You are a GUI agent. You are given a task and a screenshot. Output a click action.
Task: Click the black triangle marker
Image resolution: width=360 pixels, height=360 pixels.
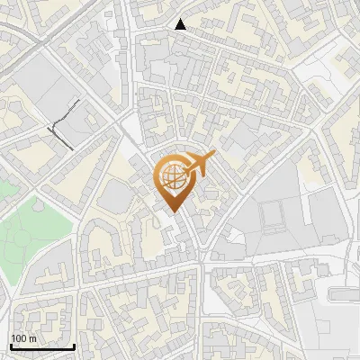[x=181, y=25]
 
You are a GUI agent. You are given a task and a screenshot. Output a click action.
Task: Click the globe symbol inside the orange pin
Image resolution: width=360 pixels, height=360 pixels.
[x=171, y=180]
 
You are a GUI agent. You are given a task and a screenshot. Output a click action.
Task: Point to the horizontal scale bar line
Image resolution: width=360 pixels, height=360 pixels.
[x=42, y=346]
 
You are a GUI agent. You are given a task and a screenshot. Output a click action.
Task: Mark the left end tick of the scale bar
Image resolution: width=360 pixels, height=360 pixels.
[x=11, y=345]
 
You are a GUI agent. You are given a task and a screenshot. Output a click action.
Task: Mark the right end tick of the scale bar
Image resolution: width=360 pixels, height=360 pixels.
[x=74, y=345]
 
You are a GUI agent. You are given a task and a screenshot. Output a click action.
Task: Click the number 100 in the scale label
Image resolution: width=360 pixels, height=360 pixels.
[x=18, y=337]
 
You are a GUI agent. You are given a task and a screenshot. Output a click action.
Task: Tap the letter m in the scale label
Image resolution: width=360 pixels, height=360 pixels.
[x=31, y=337]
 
